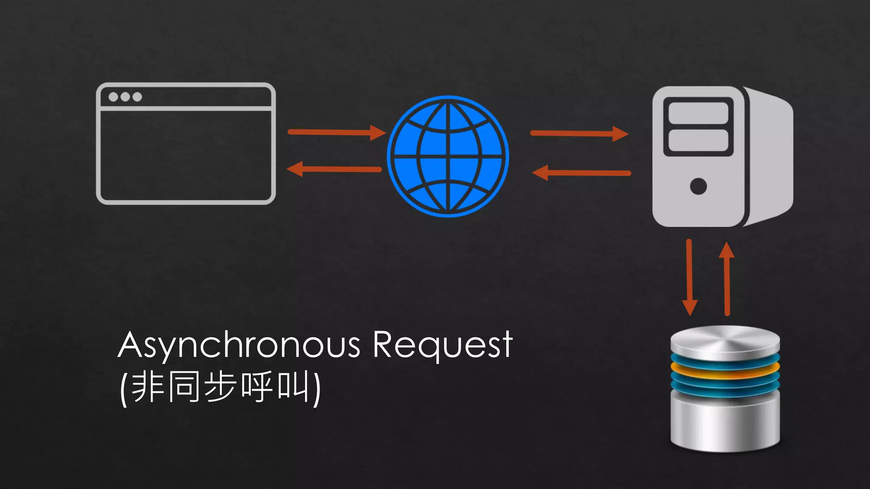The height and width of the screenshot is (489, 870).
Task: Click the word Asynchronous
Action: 239,345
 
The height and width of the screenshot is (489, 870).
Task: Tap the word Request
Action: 443,345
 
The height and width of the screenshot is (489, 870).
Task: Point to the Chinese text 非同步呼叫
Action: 220,387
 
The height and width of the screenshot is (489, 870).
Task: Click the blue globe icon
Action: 448,156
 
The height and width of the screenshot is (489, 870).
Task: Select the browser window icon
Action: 186,143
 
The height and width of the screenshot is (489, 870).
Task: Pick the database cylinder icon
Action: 725,388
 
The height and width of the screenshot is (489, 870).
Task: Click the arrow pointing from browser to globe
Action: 336,132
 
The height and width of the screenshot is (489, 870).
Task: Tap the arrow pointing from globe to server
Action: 579,133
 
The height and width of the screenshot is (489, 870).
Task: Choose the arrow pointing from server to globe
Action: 581,173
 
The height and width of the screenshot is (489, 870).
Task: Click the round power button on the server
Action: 698,186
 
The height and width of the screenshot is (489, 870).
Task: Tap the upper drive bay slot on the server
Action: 698,113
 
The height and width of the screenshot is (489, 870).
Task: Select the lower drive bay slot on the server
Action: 698,140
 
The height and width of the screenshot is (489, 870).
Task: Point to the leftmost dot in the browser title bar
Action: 113,97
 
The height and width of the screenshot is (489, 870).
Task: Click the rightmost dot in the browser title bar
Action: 137,97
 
